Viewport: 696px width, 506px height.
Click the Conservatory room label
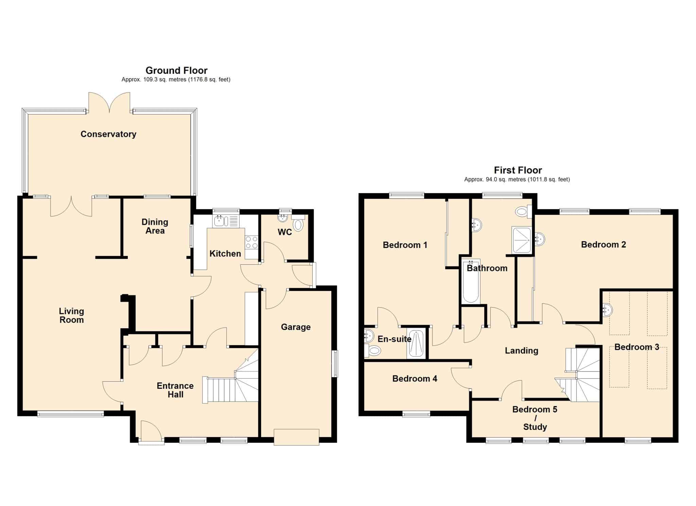coord(108,134)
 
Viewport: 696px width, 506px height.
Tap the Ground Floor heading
coord(176,70)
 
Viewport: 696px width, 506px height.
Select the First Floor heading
coord(518,170)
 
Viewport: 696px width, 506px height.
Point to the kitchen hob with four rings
coord(251,242)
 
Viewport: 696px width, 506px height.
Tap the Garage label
coord(296,327)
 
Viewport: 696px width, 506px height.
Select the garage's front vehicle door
coord(296,437)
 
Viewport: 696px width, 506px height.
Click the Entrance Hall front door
coord(151,432)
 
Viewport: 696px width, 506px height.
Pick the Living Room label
coord(71,315)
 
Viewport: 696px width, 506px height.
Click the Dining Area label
coord(155,226)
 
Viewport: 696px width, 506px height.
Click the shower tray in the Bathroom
coord(521,240)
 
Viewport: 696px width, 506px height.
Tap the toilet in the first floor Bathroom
coord(523,212)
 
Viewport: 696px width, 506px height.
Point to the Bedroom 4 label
coord(415,379)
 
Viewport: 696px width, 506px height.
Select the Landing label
coord(521,350)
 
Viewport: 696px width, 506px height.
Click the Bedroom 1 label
coord(405,245)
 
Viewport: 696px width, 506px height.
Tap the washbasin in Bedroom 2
coord(540,239)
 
